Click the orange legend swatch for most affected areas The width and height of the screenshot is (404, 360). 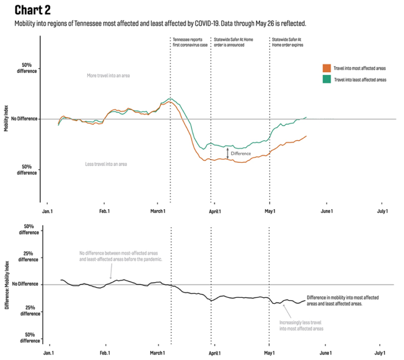click(326, 68)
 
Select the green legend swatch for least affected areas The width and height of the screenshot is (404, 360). click(326, 79)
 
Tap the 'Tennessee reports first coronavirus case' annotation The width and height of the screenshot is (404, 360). click(188, 42)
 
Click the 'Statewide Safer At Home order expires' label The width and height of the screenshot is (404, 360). click(287, 42)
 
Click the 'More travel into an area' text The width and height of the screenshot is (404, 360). click(108, 76)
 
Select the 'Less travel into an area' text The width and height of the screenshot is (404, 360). click(106, 164)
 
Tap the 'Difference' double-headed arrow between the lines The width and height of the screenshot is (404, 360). click(228, 153)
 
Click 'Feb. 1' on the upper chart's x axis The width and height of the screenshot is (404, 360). click(105, 211)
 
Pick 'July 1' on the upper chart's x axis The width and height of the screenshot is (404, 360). click(381, 211)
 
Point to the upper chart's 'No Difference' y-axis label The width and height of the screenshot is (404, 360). click(24, 119)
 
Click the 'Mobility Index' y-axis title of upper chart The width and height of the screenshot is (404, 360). click(6, 119)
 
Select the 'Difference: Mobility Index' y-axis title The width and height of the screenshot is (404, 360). click(6, 284)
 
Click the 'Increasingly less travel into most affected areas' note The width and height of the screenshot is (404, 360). click(301, 325)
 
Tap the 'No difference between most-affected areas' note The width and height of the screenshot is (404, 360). click(120, 256)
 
